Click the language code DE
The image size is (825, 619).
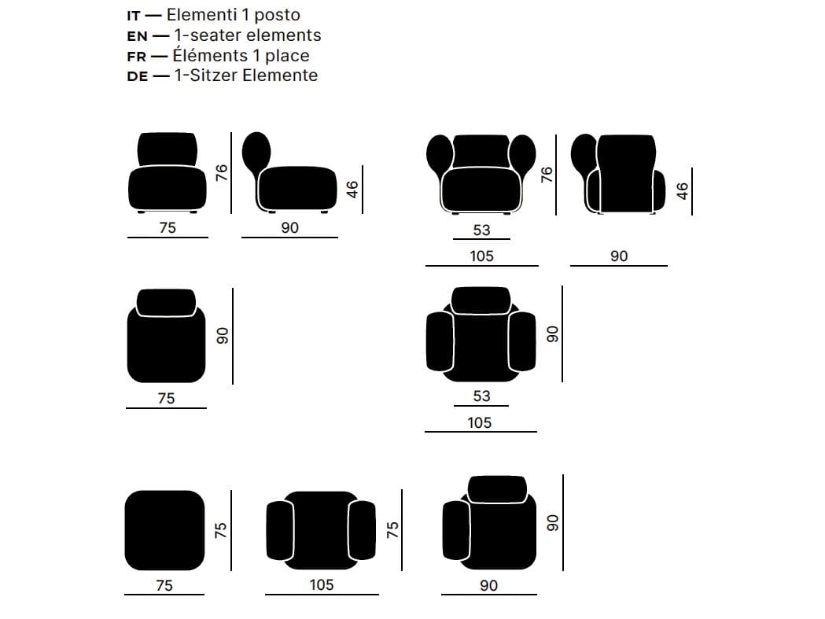pyautogui.click(x=137, y=76)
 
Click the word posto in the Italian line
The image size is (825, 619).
pyautogui.click(x=278, y=15)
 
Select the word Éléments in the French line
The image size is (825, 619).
pyautogui.click(x=210, y=55)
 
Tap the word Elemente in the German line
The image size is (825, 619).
pyautogui.click(x=281, y=76)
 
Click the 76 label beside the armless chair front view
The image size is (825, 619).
pyautogui.click(x=222, y=173)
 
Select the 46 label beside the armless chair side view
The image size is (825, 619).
pyautogui.click(x=352, y=190)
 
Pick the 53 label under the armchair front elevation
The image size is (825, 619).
pyautogui.click(x=481, y=230)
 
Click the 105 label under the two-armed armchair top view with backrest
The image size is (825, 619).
pyautogui.click(x=479, y=422)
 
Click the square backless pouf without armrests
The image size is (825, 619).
pyautogui.click(x=164, y=531)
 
